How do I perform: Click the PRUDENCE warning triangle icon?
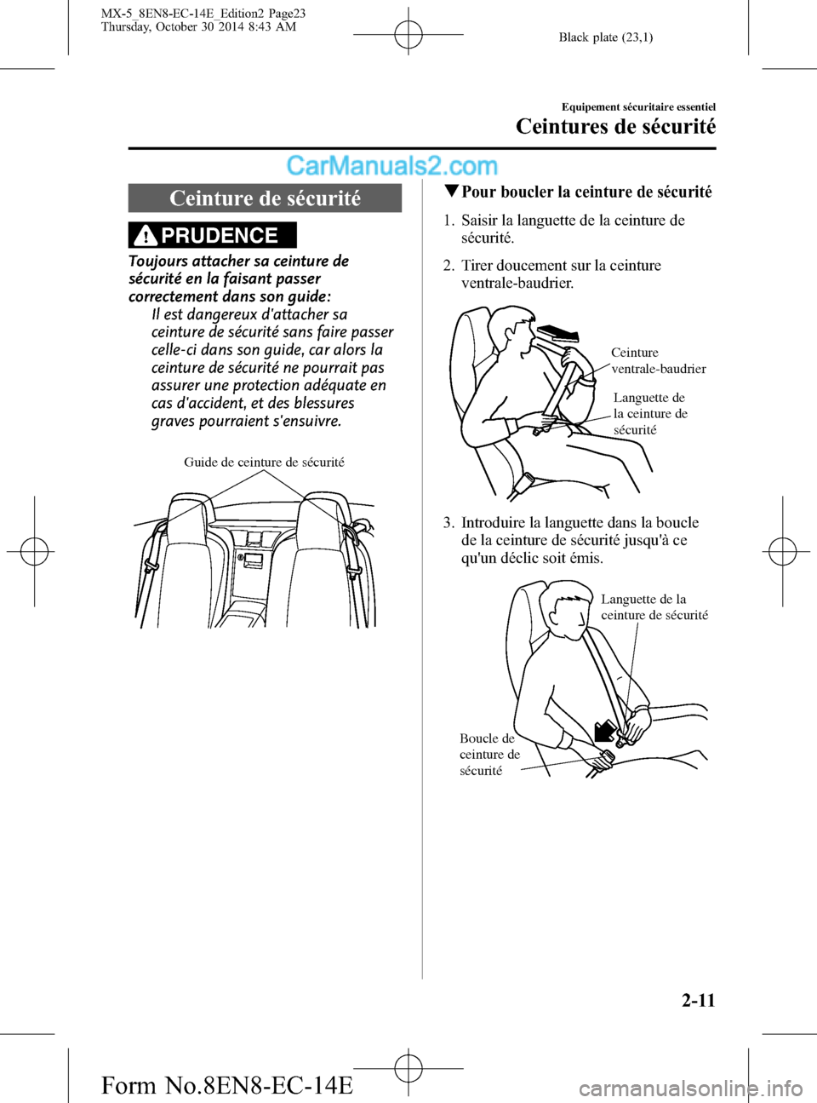click(x=146, y=235)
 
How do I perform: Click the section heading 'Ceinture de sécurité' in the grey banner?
click(x=265, y=198)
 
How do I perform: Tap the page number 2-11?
click(x=698, y=1000)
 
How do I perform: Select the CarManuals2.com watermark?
click(x=391, y=165)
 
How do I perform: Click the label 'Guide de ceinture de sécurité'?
click(x=264, y=462)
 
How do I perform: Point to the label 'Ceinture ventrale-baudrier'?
click(x=658, y=360)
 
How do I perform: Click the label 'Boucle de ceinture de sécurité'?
click(x=488, y=755)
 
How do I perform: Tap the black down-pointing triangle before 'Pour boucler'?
click(x=452, y=192)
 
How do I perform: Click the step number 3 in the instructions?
click(x=448, y=523)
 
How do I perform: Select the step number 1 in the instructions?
click(x=448, y=221)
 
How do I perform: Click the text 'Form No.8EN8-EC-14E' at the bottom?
click(x=226, y=1085)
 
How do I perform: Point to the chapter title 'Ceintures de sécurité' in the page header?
click(x=615, y=127)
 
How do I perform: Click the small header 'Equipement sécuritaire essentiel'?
click(x=638, y=107)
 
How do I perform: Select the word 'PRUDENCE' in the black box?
click(x=220, y=236)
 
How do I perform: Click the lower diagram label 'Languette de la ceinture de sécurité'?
click(x=654, y=607)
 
